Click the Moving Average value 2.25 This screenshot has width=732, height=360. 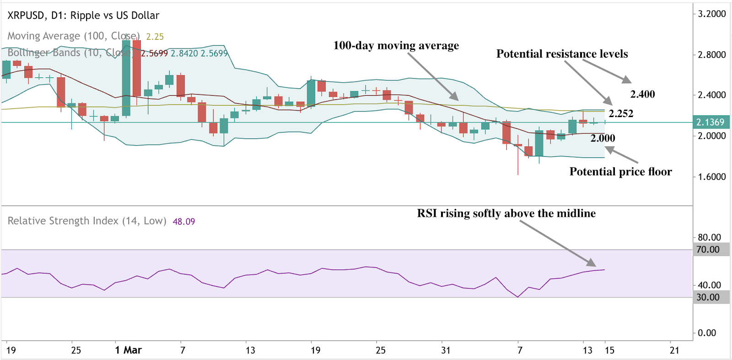pyautogui.click(x=155, y=37)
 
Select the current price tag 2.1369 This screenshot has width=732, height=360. pyautogui.click(x=710, y=122)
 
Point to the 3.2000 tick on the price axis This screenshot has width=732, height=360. pyautogui.click(x=711, y=14)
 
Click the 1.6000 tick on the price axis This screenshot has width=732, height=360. pyautogui.click(x=711, y=177)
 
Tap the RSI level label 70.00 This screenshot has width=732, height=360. pyautogui.click(x=708, y=250)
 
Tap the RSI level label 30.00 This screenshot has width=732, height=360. pyautogui.click(x=708, y=297)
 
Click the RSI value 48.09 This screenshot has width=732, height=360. pyautogui.click(x=183, y=222)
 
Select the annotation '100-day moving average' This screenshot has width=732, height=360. pyautogui.click(x=396, y=46)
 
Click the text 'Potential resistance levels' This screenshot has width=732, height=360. pyautogui.click(x=562, y=54)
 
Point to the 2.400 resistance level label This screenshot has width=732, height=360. pyautogui.click(x=642, y=94)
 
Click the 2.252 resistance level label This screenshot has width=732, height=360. pyautogui.click(x=621, y=114)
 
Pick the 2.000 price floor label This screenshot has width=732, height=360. pyautogui.click(x=603, y=138)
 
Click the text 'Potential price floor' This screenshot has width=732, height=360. pyautogui.click(x=620, y=172)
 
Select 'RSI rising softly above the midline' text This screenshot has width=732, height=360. pyautogui.click(x=506, y=214)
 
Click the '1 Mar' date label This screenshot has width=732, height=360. pyautogui.click(x=128, y=350)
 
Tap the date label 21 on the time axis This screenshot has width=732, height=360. pyautogui.click(x=674, y=350)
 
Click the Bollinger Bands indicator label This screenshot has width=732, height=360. pyautogui.click(x=69, y=53)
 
